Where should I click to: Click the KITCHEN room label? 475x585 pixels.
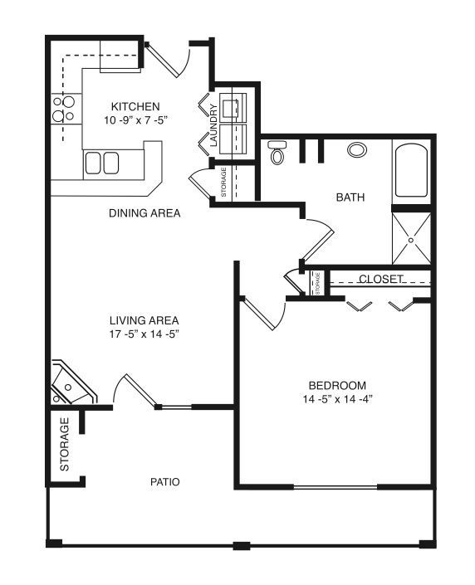click(135, 106)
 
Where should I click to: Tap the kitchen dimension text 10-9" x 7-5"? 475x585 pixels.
click(135, 120)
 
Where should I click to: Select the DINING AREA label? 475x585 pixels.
click(144, 213)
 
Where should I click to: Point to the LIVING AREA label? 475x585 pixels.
click(144, 320)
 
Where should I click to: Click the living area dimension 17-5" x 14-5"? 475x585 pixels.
click(144, 334)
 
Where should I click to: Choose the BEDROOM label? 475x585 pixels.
click(337, 385)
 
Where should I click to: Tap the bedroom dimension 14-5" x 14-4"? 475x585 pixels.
click(338, 399)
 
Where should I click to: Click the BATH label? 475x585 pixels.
click(350, 197)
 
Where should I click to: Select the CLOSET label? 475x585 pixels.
click(381, 279)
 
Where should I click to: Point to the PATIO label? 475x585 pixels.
click(165, 481)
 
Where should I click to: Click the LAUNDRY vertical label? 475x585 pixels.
click(213, 125)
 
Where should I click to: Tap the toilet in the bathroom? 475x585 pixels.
click(277, 152)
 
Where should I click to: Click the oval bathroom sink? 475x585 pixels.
click(357, 150)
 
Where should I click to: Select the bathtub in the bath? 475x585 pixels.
click(411, 171)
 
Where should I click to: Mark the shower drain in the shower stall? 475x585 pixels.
click(411, 241)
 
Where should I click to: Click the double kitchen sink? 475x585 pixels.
click(101, 163)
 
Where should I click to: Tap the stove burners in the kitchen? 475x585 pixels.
click(63, 109)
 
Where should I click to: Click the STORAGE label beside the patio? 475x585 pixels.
click(65, 444)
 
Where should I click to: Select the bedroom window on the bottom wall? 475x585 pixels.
click(335, 487)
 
